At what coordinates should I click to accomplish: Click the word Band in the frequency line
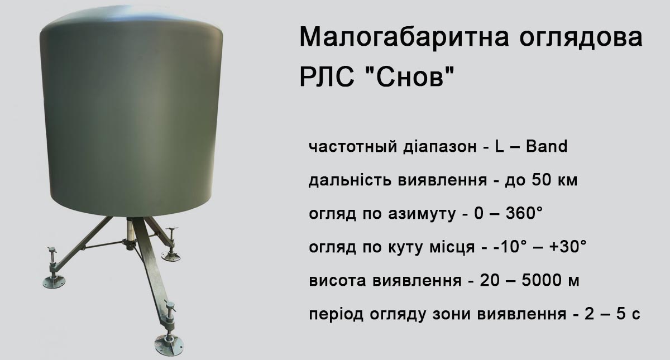547,146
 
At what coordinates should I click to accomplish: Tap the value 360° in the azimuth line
524,213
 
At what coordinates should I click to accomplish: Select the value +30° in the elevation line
568,247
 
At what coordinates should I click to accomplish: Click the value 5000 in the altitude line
541,280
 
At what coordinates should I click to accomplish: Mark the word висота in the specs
337,281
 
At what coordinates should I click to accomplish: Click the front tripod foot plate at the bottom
169,345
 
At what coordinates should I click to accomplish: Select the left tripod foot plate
54,282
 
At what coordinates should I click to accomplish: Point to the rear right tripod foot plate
171,256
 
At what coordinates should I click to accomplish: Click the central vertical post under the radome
131,233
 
